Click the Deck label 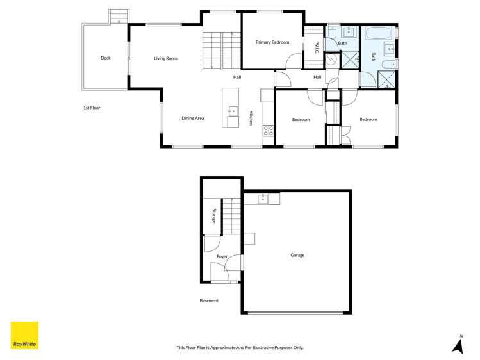(x=106, y=58)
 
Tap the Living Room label (x=165, y=58)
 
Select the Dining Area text (x=192, y=118)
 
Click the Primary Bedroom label (x=272, y=42)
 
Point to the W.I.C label (x=317, y=47)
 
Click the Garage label (x=297, y=255)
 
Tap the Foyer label (x=222, y=256)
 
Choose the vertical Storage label (x=214, y=216)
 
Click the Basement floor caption (x=209, y=300)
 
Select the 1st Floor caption (x=92, y=108)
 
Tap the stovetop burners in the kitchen (x=269, y=131)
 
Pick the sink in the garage (x=263, y=199)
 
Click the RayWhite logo (x=24, y=335)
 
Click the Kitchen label (x=252, y=118)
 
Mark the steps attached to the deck (x=119, y=16)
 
